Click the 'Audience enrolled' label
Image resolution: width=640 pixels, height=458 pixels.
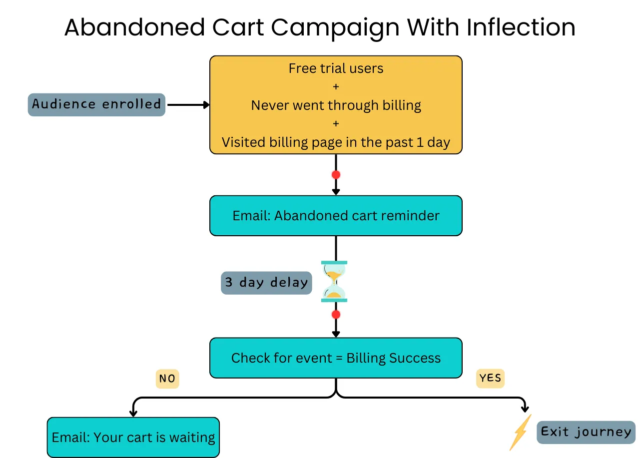96,104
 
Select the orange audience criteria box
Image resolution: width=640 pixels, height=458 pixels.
336,104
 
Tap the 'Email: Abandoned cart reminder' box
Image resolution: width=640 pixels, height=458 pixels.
336,216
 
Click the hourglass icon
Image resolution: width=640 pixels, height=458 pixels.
334,282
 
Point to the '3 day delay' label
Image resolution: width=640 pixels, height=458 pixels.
266,283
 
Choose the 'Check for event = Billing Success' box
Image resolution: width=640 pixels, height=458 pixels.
336,358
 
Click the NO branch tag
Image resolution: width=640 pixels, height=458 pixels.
167,379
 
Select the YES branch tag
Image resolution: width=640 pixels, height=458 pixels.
490,379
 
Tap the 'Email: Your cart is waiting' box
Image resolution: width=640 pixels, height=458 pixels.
133,438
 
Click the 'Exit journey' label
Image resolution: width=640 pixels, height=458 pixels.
586,432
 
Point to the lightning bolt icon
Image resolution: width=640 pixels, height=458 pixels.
521,433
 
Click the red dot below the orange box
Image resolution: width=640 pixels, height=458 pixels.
336,175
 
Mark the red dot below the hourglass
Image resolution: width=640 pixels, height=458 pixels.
336,315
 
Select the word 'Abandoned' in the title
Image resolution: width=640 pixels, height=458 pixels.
134,27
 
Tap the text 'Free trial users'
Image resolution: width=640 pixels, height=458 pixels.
336,68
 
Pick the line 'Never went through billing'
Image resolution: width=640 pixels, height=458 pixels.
336,105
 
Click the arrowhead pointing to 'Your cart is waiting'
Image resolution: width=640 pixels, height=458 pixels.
133,412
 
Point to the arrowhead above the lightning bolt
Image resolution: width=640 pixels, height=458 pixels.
525,407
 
